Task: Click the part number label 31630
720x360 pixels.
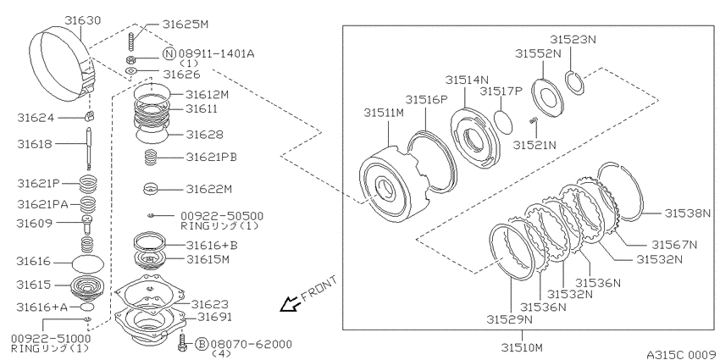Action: tap(83, 20)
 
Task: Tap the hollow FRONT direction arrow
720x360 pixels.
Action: tap(290, 304)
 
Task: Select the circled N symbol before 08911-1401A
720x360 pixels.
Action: tap(169, 54)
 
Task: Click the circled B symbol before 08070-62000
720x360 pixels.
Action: tap(202, 343)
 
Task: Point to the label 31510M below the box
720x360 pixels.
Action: tap(522, 346)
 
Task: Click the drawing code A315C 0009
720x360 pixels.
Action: tap(681, 354)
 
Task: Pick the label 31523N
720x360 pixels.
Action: tap(574, 40)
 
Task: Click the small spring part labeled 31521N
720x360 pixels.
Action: tap(533, 121)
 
